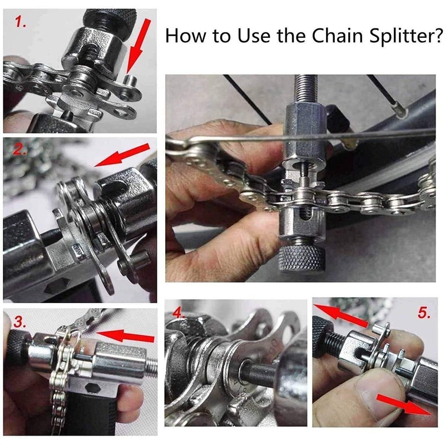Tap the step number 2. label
click(20, 149)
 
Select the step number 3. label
click(20, 322)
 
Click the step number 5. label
click(424, 313)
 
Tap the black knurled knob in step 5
click(323, 334)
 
